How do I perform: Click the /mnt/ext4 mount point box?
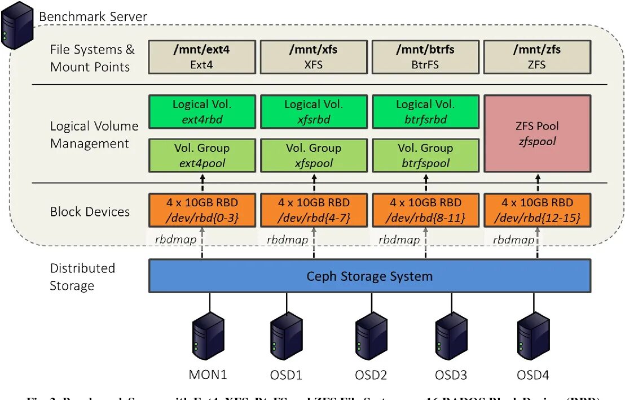[x=202, y=57]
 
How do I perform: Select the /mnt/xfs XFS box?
[x=314, y=57]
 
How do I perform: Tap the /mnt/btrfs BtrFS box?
[x=425, y=57]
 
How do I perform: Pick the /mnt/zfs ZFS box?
[x=537, y=57]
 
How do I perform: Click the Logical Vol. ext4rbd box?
[x=202, y=111]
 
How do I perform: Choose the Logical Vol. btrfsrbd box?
[x=425, y=111]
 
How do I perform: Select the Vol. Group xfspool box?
[x=314, y=155]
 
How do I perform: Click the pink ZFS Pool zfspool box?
[x=537, y=133]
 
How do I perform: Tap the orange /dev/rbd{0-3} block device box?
[x=202, y=210]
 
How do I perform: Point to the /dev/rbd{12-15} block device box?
[x=537, y=210]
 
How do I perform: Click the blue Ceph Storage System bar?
[x=369, y=276]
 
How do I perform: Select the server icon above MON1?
[x=208, y=338]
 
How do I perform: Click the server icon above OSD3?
[x=451, y=338]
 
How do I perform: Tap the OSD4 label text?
[x=533, y=375]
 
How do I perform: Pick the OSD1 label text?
[x=286, y=375]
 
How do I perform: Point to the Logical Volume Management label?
[x=94, y=134]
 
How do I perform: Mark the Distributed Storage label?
[x=82, y=277]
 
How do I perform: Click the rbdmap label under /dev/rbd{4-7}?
[x=287, y=240]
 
